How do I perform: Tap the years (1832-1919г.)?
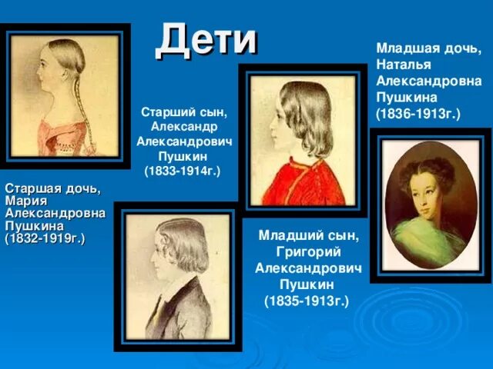point(45,239)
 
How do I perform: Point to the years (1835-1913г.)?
point(307,300)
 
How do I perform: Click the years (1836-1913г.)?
point(418,114)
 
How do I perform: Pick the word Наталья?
point(402,65)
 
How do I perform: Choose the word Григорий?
point(307,251)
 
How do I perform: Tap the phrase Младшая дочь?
point(428,48)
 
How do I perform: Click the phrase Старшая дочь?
point(52,188)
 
